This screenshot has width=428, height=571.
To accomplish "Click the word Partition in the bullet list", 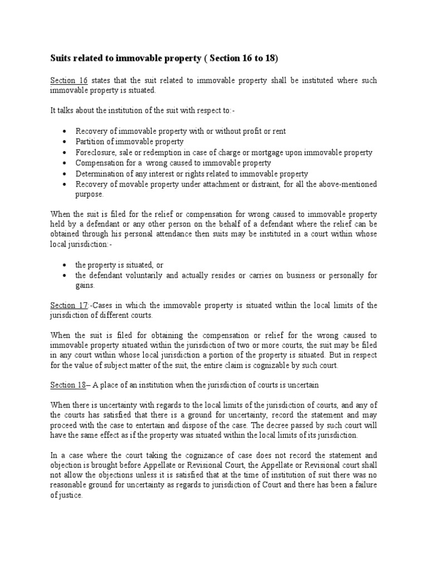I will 90,142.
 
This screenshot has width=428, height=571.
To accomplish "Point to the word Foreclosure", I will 96,152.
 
